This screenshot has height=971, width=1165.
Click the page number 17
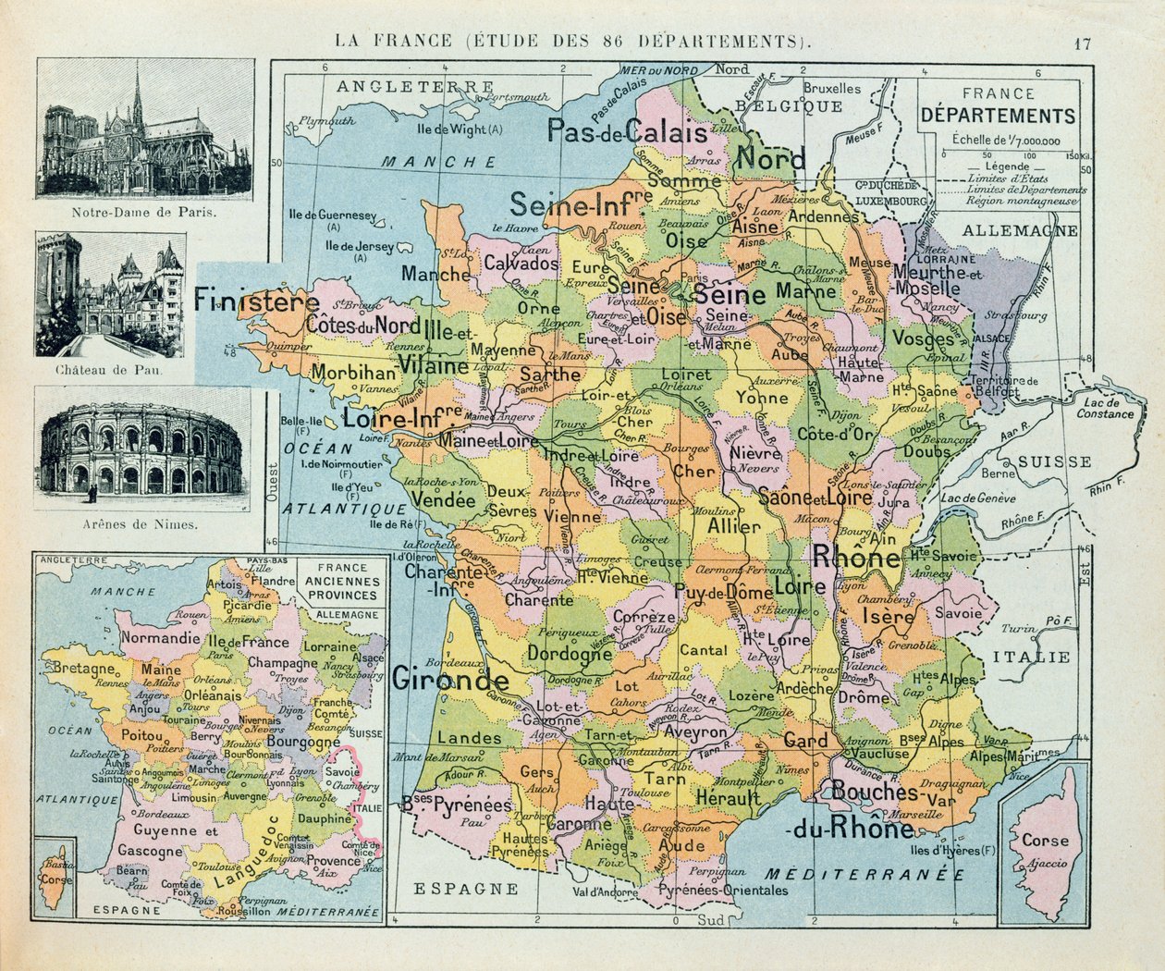pyautogui.click(x=1084, y=43)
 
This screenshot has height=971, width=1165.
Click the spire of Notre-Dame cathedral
pyautogui.click(x=138, y=88)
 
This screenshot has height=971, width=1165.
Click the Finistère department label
pyautogui.click(x=256, y=301)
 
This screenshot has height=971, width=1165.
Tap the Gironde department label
pyautogui.click(x=450, y=680)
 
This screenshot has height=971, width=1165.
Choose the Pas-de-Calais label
pyautogui.click(x=627, y=131)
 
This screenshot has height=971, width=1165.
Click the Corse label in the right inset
pyautogui.click(x=1045, y=841)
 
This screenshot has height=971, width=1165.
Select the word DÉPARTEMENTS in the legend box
pyautogui.click(x=999, y=117)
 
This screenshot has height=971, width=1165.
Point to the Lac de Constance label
pyautogui.click(x=1105, y=408)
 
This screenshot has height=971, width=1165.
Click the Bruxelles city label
pyautogui.click(x=831, y=90)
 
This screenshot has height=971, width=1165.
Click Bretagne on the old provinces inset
pyautogui.click(x=83, y=668)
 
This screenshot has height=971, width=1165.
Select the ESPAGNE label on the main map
pyautogui.click(x=465, y=889)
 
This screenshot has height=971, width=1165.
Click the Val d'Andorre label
pyautogui.click(x=605, y=892)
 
